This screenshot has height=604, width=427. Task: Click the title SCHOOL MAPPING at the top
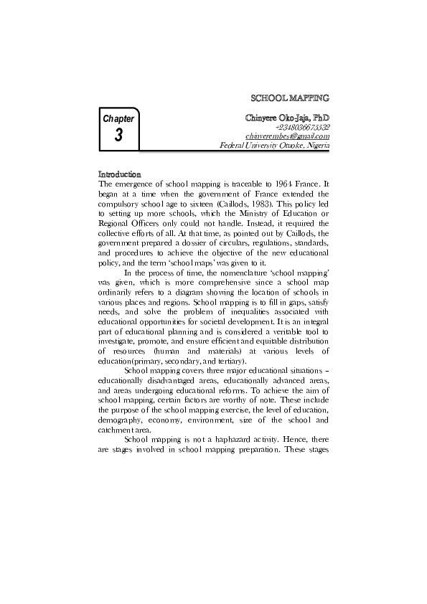[288, 95]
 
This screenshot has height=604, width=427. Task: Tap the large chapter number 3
[118, 135]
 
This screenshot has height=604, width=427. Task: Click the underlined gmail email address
[287, 136]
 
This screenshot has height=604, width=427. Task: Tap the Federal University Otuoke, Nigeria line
[274, 146]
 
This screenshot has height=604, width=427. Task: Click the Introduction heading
[119, 174]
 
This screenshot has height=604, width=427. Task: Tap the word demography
[119, 418]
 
